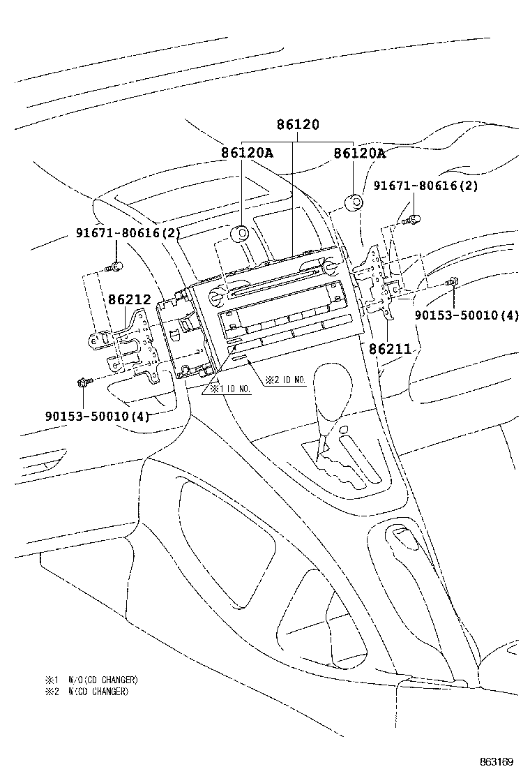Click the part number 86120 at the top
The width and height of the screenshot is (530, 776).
(x=298, y=124)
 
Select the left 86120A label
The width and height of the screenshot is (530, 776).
(x=247, y=153)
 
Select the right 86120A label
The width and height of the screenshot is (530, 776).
(x=359, y=153)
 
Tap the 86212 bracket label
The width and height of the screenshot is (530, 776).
(x=130, y=299)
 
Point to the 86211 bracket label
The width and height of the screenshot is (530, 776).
(x=390, y=349)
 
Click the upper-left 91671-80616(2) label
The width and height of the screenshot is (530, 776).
(x=128, y=232)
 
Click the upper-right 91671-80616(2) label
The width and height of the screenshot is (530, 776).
(x=425, y=186)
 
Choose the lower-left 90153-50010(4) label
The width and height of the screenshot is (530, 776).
(x=98, y=416)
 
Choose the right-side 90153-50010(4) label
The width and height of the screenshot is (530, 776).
(x=467, y=315)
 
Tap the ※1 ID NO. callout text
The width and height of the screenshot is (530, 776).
(x=230, y=389)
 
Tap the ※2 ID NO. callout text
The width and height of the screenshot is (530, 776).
(x=285, y=380)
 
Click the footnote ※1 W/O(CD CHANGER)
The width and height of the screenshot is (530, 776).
(x=91, y=680)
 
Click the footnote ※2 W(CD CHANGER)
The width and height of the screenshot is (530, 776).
(x=86, y=692)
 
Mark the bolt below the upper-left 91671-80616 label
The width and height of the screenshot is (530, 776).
(x=115, y=267)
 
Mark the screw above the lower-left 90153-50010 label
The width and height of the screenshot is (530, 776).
(x=84, y=382)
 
